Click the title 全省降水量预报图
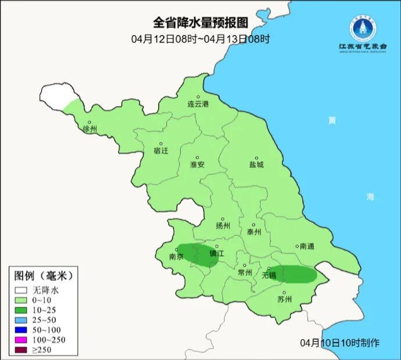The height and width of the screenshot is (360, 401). pyautogui.click(x=201, y=23)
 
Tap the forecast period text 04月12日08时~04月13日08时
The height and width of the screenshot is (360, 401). pyautogui.click(x=201, y=40)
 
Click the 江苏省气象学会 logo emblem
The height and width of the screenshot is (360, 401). pyautogui.click(x=363, y=27)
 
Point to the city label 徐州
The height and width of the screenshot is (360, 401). pyautogui.click(x=90, y=129)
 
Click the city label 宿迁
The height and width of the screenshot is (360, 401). pyautogui.click(x=161, y=151)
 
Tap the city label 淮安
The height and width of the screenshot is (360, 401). pyautogui.click(x=198, y=165)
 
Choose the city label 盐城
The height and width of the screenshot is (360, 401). pyautogui.click(x=256, y=165)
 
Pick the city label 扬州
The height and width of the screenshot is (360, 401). pyautogui.click(x=223, y=226)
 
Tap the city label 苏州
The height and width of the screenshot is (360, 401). pyautogui.click(x=284, y=300)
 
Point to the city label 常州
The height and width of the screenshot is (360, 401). pyautogui.click(x=245, y=272)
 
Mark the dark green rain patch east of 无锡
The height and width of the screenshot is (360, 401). pyautogui.click(x=296, y=274)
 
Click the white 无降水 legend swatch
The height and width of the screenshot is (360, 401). pyautogui.click(x=22, y=290)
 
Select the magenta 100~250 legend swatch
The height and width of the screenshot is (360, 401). pyautogui.click(x=22, y=339)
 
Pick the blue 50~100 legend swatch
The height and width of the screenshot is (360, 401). pyautogui.click(x=22, y=329)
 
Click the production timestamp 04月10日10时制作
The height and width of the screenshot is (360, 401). pyautogui.click(x=340, y=343)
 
